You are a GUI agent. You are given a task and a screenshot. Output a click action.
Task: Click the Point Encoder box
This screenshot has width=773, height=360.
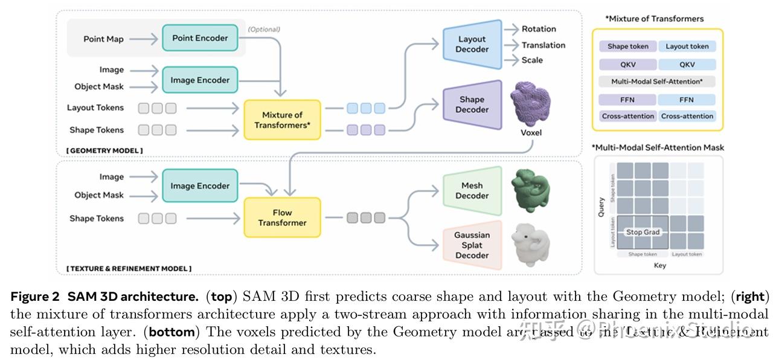200,38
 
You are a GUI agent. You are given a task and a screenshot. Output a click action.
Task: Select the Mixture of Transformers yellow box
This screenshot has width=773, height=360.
282,120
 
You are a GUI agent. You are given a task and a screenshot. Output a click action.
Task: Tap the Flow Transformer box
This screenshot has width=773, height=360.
282,217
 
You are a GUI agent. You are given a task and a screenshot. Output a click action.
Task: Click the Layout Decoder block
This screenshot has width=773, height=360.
472,44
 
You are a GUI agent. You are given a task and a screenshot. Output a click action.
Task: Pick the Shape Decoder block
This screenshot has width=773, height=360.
472,104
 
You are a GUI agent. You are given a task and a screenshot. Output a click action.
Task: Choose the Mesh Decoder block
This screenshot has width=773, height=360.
472,191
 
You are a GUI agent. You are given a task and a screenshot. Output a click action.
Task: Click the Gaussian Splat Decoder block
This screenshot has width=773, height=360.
472,245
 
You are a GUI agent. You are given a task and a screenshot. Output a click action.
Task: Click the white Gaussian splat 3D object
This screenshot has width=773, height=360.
530,243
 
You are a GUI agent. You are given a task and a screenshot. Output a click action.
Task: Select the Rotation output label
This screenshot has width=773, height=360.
539,29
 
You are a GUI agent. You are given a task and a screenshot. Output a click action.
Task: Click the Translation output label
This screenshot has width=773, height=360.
544,45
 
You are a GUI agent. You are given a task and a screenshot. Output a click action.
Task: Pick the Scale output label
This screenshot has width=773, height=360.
532,60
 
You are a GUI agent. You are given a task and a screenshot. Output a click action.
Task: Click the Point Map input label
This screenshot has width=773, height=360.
103,39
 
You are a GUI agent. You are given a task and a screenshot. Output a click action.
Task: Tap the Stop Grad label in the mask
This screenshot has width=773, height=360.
643,232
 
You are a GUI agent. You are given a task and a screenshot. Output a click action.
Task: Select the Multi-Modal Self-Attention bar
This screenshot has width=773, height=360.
658,81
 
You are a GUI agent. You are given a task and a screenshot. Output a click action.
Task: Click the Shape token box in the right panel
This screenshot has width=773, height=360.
627,46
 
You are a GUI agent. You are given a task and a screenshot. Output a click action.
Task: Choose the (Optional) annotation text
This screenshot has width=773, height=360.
264,29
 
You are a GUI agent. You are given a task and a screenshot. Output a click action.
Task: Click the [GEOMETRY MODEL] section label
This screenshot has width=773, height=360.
104,150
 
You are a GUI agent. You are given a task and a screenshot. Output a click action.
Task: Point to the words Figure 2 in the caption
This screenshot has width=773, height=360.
35,297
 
